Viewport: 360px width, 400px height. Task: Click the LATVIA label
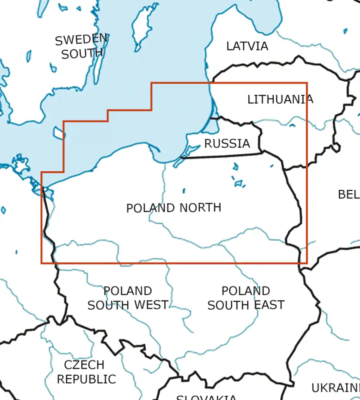(x=247, y=46)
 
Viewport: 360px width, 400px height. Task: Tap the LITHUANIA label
(x=280, y=99)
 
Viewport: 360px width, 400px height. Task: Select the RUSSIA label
(x=227, y=144)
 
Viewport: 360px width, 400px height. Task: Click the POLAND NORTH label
(x=174, y=208)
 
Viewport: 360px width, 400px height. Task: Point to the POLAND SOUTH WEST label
(x=128, y=298)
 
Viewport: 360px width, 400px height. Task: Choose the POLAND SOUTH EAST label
(x=246, y=298)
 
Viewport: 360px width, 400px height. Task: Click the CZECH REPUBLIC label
(x=86, y=372)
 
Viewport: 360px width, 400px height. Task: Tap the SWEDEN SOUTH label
(x=82, y=46)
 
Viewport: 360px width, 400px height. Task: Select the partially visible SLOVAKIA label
(x=206, y=397)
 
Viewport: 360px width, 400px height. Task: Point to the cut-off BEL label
(x=348, y=195)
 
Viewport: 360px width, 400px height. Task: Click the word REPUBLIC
(x=86, y=379)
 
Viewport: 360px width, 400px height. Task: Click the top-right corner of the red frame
(x=307, y=83)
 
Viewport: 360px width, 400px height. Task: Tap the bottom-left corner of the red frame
(x=42, y=263)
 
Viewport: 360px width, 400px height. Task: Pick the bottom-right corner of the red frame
(x=307, y=263)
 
